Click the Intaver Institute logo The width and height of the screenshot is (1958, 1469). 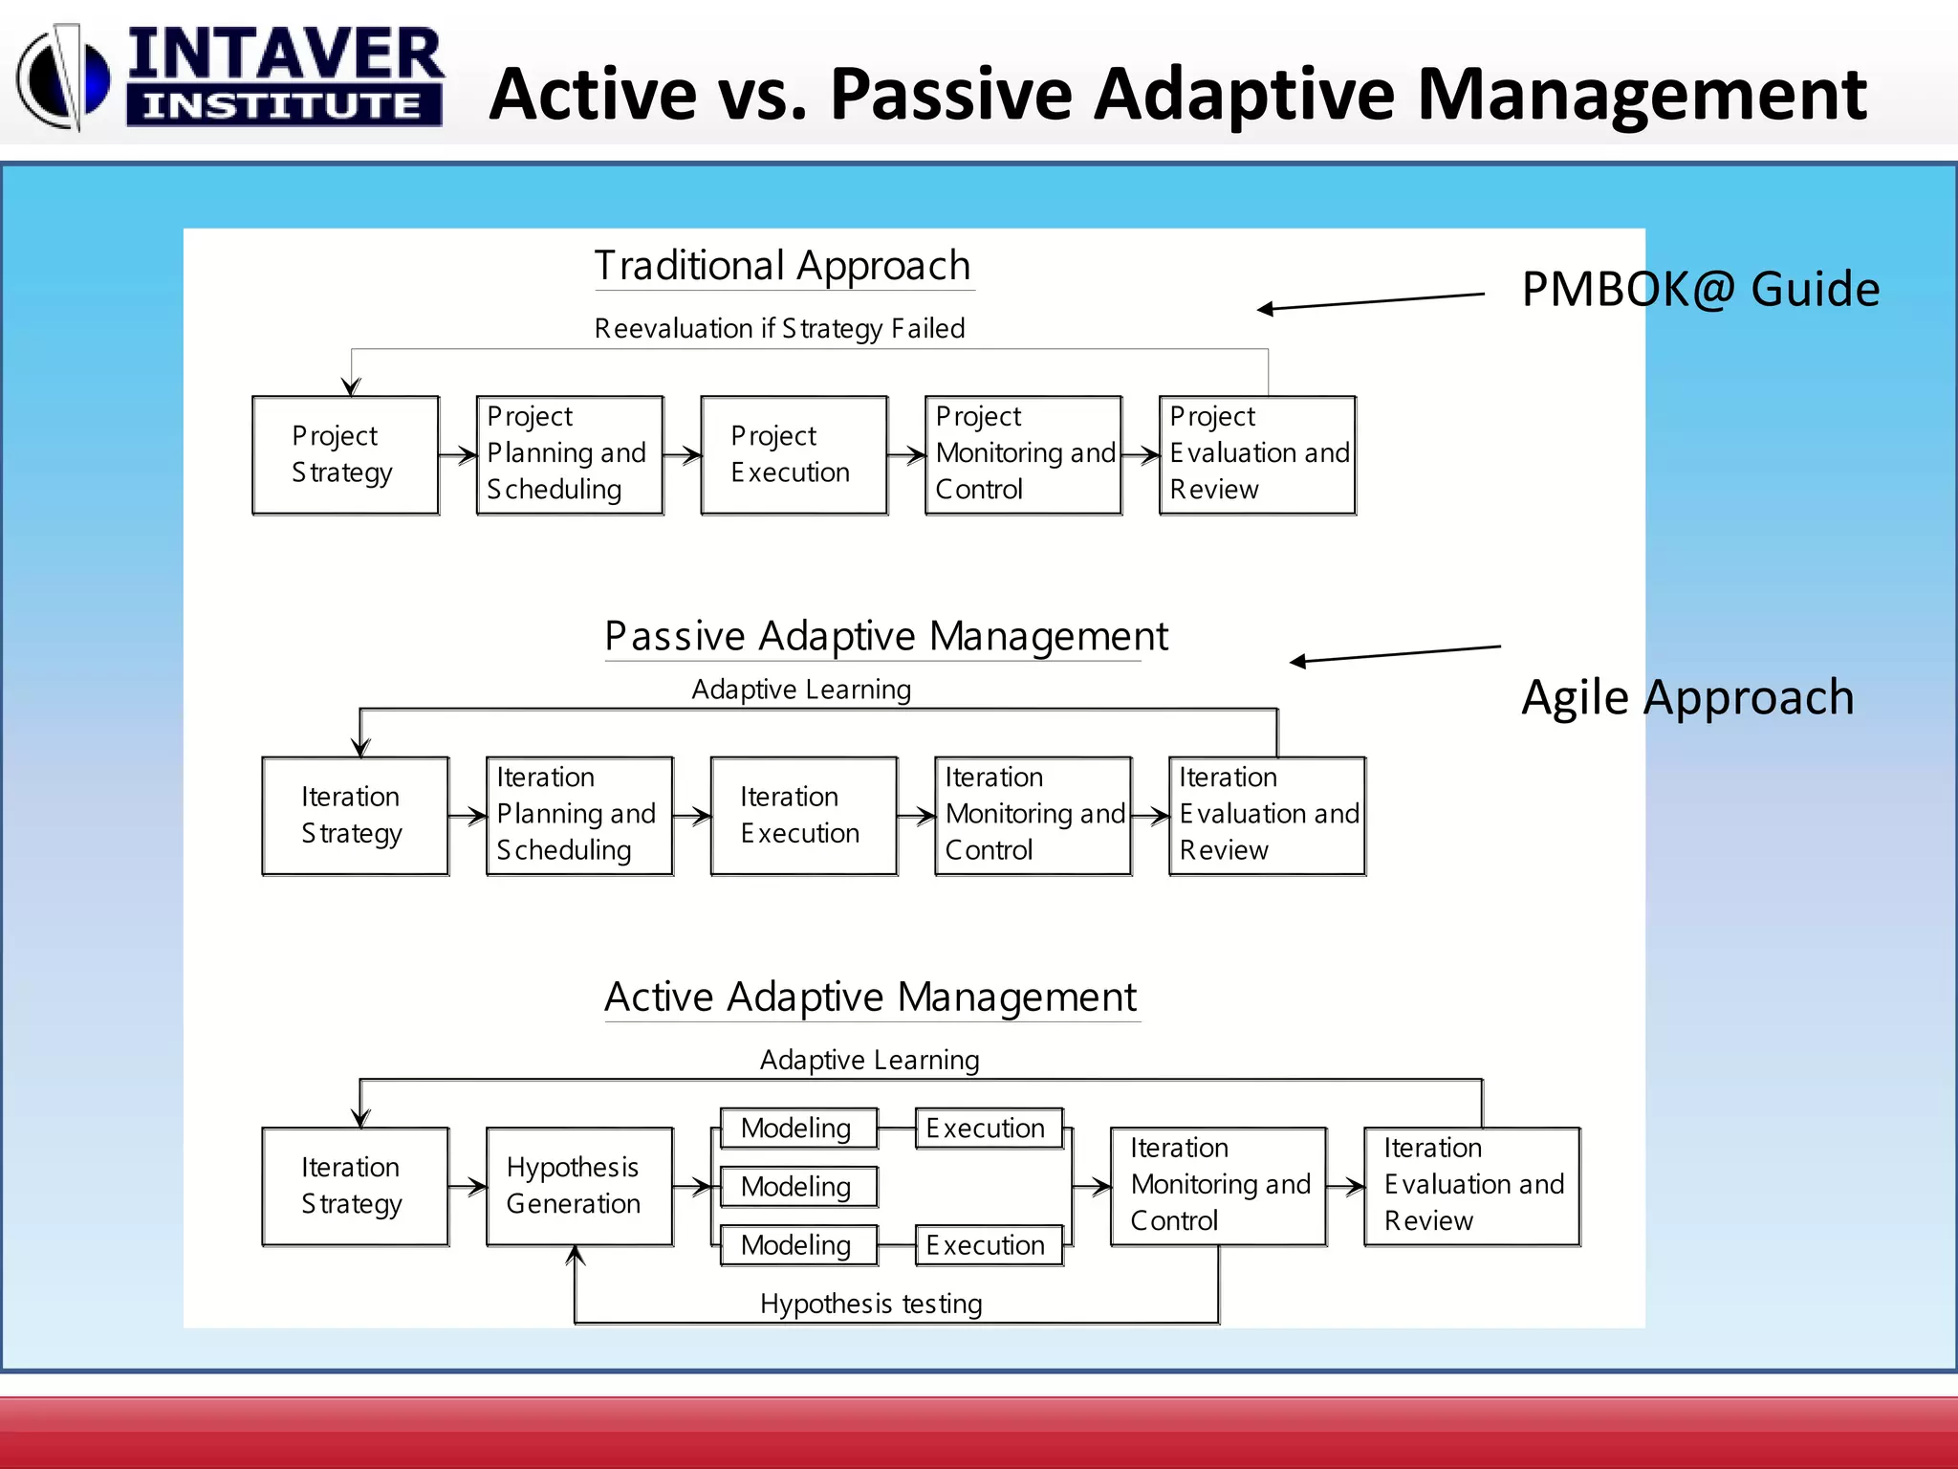click(229, 77)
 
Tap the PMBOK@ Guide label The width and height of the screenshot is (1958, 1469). click(1700, 289)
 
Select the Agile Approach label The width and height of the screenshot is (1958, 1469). click(1686, 697)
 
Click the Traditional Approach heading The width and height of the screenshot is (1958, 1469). click(782, 266)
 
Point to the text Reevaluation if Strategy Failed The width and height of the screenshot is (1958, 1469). click(779, 328)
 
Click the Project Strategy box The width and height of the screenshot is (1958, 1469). click(345, 455)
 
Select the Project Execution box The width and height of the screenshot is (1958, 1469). click(794, 455)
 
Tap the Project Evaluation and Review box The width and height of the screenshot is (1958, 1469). click(1257, 455)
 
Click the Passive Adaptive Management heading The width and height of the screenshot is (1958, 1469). click(885, 636)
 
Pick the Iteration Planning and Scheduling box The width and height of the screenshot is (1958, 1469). click(579, 816)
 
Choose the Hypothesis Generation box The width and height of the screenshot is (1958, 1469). click(579, 1186)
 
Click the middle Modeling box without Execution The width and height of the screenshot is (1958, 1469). click(797, 1187)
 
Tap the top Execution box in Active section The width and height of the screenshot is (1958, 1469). click(989, 1129)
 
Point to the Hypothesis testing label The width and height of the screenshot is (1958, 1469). click(870, 1304)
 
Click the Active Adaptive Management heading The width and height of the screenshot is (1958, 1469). click(870, 998)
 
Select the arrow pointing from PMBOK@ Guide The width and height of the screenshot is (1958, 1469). click(1370, 301)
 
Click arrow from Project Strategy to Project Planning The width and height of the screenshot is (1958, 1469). click(458, 455)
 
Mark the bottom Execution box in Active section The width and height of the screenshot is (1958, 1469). click(989, 1245)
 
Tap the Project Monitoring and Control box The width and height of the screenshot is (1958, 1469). click(1023, 455)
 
